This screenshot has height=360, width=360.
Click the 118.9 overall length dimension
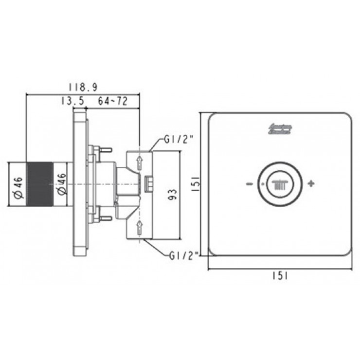(83, 87)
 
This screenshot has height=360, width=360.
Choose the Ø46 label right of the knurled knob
(61, 185)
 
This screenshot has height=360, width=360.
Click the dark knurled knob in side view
(39, 184)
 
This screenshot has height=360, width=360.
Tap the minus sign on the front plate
(249, 184)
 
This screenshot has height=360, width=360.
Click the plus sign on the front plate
(311, 184)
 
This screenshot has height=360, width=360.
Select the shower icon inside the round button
(280, 184)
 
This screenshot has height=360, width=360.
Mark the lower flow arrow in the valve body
(139, 225)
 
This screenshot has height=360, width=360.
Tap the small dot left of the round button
(261, 184)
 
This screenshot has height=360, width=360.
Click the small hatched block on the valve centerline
(148, 184)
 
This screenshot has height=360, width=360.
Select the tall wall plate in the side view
(80, 184)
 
